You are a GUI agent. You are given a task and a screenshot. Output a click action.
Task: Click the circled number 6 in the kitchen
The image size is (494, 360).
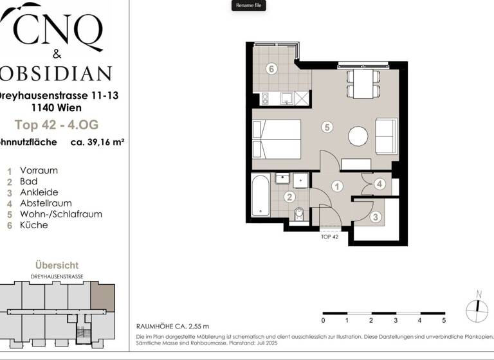point(271,69)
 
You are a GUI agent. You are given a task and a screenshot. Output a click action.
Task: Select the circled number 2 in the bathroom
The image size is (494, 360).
point(290,197)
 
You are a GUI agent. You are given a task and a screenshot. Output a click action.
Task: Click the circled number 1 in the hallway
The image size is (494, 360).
point(337,186)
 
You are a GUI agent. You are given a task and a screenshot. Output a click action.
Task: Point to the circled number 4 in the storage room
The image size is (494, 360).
point(380,184)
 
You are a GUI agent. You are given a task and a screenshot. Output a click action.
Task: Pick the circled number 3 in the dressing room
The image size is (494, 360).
point(376,217)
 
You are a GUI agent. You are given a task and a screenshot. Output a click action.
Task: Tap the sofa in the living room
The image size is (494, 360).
point(386,136)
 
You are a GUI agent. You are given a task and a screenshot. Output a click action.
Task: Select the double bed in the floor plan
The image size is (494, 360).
point(277,139)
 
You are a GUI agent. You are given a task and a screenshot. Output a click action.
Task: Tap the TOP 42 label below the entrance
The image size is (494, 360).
point(329,236)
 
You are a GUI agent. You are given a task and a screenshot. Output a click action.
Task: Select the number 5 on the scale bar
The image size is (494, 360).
point(444,320)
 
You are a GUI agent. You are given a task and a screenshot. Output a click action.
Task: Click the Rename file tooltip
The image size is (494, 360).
point(248,6)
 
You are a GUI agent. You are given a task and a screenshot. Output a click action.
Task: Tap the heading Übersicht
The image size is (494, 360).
point(57,265)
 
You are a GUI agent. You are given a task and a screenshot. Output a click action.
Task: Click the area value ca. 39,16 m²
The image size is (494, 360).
point(96,142)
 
